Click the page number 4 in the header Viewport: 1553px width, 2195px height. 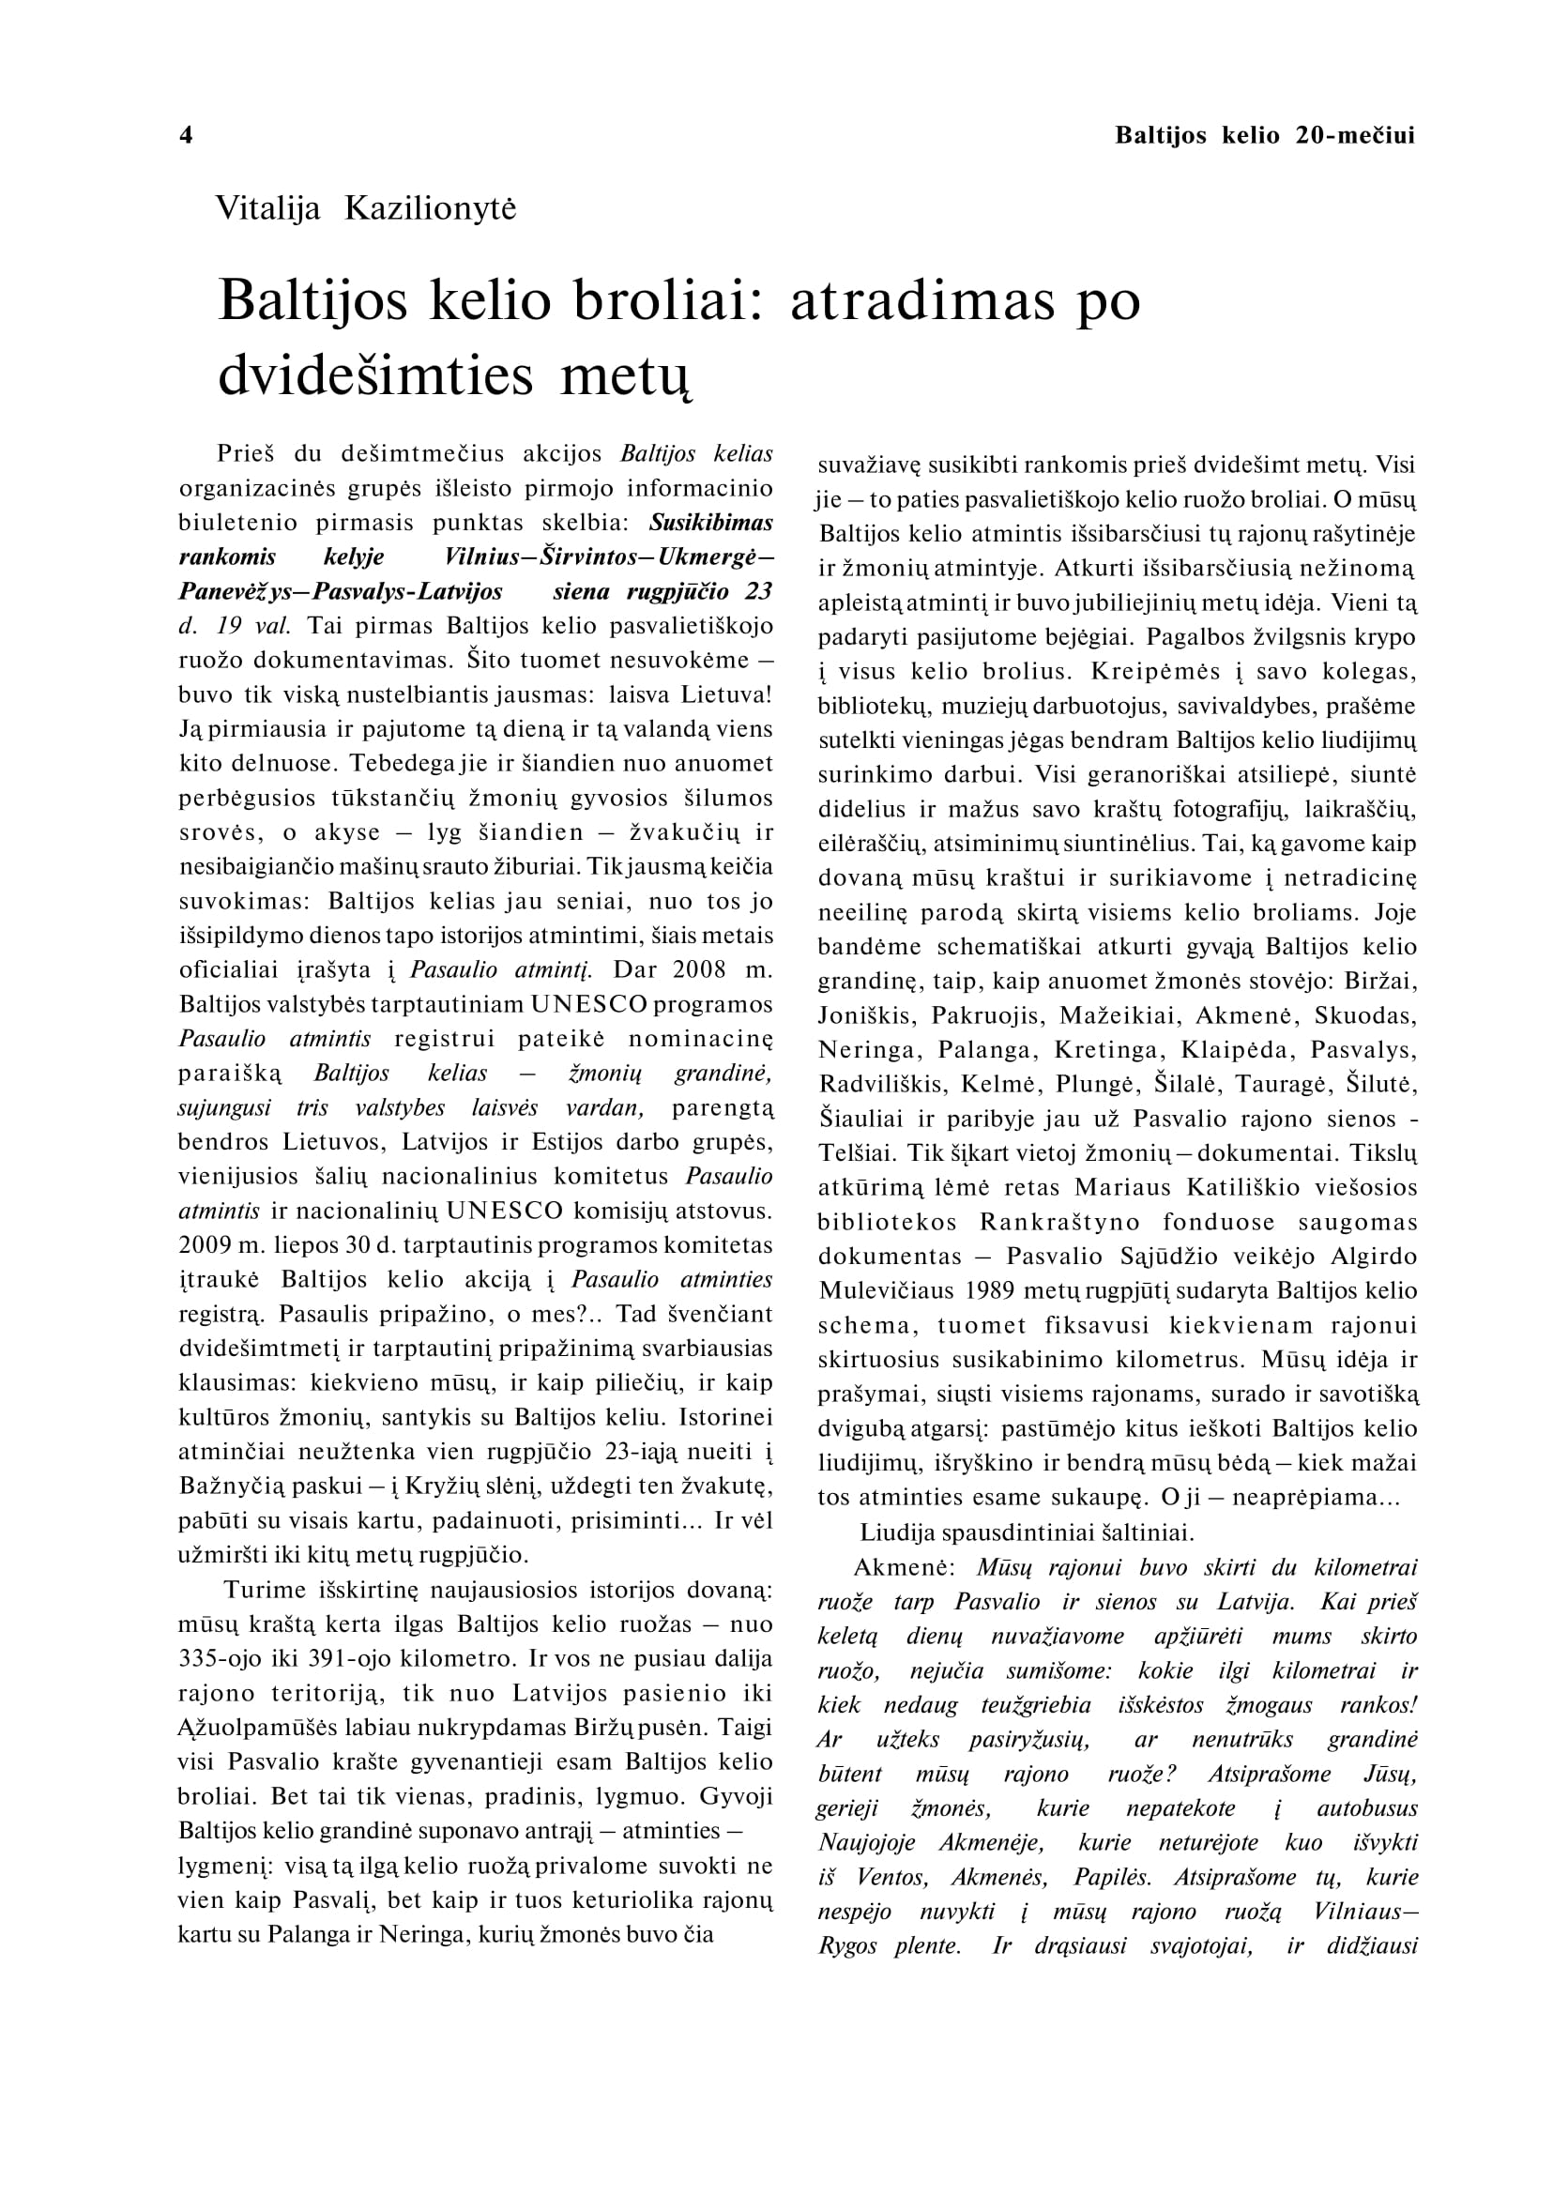click(187, 136)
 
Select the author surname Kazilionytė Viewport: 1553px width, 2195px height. click(431, 208)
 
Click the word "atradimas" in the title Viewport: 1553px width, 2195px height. click(918, 301)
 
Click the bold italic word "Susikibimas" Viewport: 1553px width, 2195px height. click(711, 523)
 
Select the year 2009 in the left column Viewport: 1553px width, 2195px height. click(206, 1246)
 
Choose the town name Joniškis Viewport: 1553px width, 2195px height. click(864, 1016)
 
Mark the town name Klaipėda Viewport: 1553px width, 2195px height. click(1236, 1051)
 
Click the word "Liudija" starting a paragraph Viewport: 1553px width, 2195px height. click(897, 1533)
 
